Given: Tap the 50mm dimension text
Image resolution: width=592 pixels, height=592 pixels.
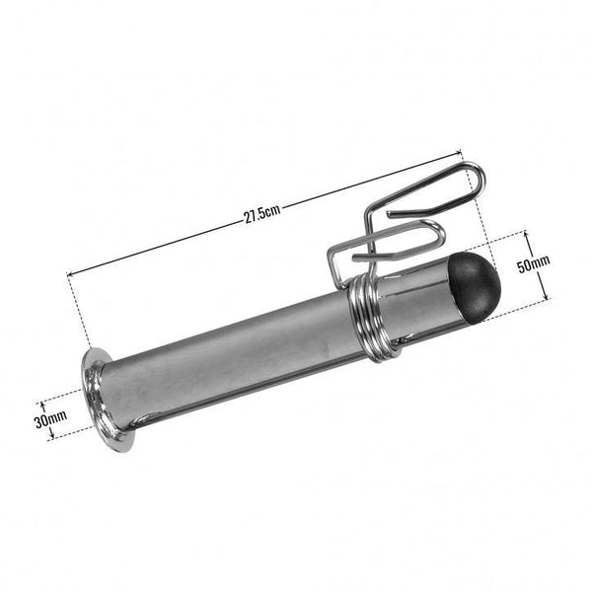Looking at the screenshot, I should pyautogui.click(x=534, y=264).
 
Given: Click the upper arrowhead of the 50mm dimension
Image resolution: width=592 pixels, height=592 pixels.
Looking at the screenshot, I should pyautogui.click(x=527, y=233).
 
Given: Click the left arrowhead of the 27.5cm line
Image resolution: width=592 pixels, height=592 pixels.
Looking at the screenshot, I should pyautogui.click(x=70, y=273).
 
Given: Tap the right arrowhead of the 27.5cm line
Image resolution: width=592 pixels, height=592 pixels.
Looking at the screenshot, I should pyautogui.click(x=461, y=151).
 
